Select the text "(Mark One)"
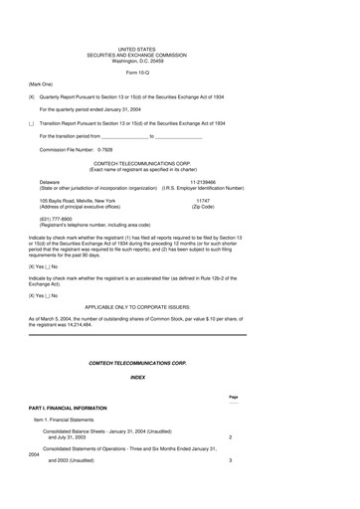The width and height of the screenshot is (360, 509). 42,85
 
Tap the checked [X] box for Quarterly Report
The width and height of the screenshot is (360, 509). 32,96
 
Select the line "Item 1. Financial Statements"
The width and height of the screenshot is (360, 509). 69,422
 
